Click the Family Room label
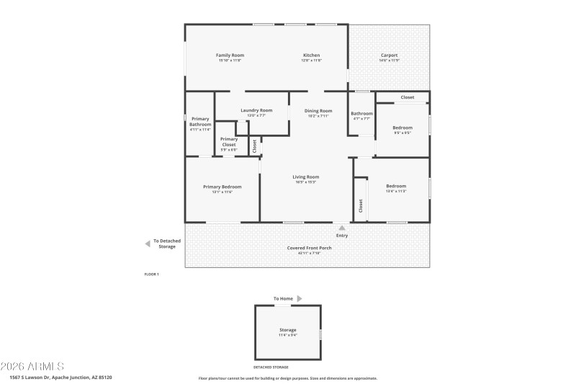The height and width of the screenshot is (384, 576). click(230, 55)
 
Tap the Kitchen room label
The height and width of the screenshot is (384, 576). click(311, 55)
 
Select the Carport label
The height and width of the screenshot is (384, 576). click(389, 55)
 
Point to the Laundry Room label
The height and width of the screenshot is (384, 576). click(256, 110)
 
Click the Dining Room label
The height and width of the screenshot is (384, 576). click(318, 111)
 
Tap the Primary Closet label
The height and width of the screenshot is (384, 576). click(229, 141)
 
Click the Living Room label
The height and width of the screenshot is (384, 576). click(305, 177)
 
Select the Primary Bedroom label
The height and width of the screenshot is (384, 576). click(222, 187)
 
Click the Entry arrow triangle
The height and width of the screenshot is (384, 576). click(342, 228)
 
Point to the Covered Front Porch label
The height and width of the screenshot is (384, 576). click(309, 248)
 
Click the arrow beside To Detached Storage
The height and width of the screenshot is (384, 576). click(148, 244)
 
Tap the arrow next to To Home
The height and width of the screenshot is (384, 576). click(300, 298)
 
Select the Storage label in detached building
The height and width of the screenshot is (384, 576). click(288, 330)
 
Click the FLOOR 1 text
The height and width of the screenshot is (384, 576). click(152, 274)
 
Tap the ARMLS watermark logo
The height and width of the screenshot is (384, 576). click(32, 366)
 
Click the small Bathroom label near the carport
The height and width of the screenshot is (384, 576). click(361, 114)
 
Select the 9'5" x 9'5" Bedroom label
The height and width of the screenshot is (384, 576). click(402, 128)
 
